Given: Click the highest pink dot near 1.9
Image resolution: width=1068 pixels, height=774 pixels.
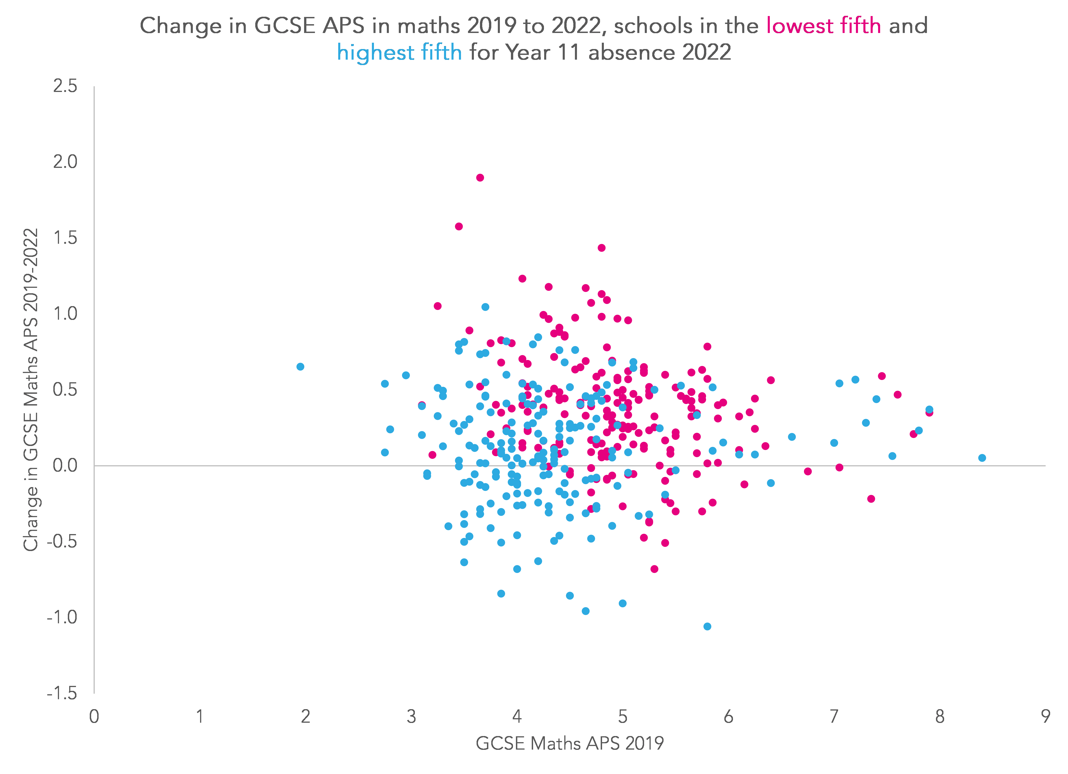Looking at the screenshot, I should point(480,177).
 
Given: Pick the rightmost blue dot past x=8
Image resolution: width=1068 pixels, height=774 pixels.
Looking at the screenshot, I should point(982,458).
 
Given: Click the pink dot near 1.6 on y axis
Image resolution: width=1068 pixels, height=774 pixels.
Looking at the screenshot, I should point(459,226).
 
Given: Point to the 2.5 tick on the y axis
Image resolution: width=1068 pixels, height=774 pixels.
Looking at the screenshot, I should point(65,86).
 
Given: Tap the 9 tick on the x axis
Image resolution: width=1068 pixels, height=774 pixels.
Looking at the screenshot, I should point(1045,717).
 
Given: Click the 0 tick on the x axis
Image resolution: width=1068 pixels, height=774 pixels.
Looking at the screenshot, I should point(94,717).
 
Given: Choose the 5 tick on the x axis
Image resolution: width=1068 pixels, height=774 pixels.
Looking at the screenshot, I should point(623,717).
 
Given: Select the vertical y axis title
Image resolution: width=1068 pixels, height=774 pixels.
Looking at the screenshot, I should point(31,389).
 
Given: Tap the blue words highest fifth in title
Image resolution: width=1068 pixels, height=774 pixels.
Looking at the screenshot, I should point(399,52).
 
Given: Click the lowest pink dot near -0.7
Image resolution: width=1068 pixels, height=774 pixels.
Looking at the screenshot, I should point(654,569).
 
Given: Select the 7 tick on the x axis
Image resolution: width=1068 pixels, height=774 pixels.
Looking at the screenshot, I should point(834,717).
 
